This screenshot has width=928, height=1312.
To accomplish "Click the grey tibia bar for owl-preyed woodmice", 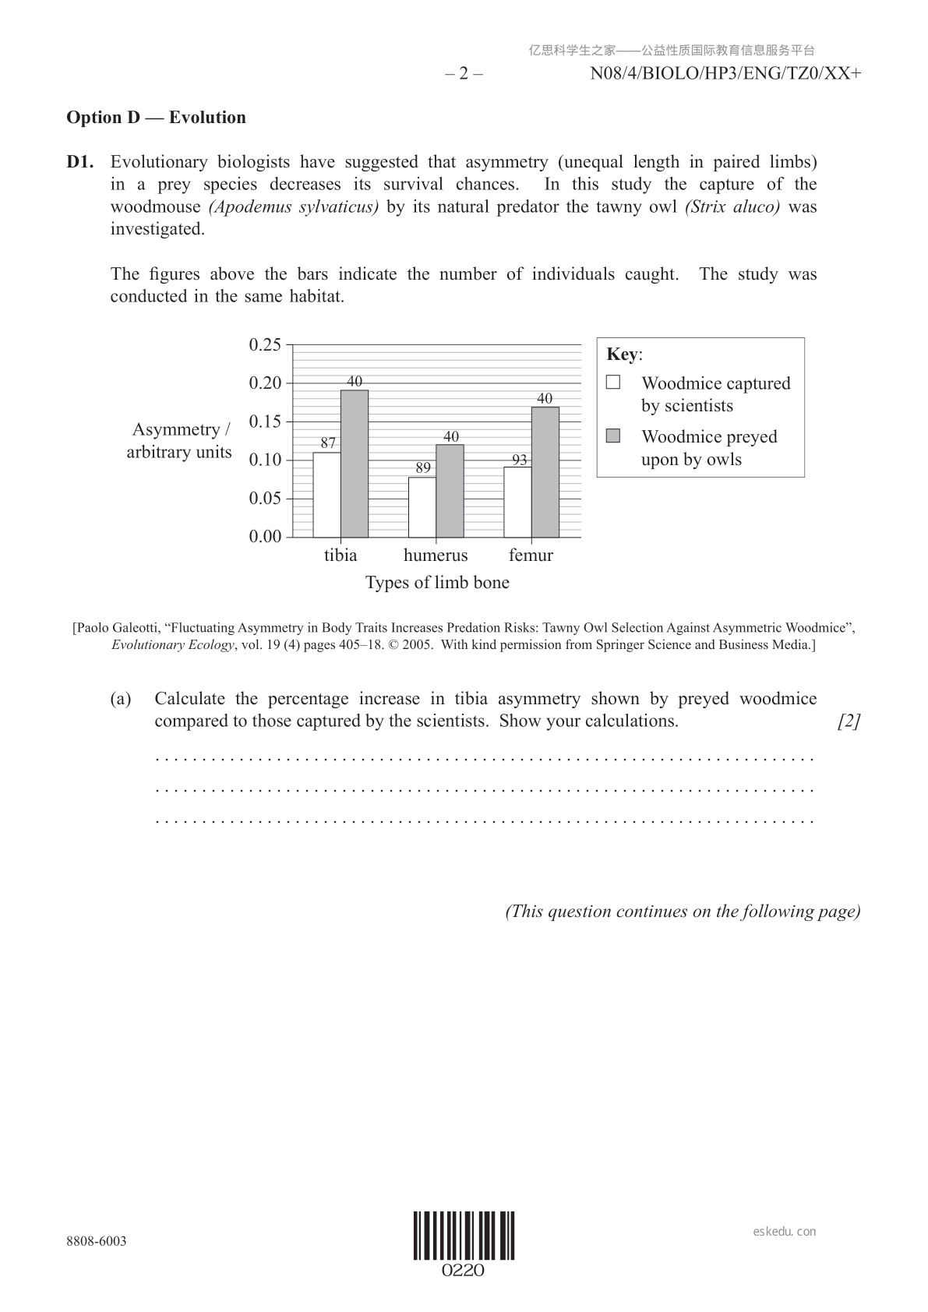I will pos(355,464).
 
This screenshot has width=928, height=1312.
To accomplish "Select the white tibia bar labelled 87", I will pos(326,495).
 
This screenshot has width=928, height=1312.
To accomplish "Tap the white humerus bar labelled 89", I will pos(422,507).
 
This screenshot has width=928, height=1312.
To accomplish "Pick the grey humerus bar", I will pos(450,491).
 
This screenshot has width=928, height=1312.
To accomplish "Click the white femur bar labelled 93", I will pos(517,503).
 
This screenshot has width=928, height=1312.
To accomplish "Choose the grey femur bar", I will pos(545,472).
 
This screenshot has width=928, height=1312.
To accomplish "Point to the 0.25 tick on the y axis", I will pos(265,344).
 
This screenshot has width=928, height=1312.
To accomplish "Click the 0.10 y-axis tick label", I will pos(265,460).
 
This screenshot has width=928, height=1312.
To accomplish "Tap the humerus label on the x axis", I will pos(436,555).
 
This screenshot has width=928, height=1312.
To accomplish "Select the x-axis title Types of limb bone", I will pos(437,583).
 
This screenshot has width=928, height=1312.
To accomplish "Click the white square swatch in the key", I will pos(613,382).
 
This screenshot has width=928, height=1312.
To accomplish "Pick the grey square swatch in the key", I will pos(613,436).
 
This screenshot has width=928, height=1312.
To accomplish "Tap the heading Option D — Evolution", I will pos(156,118).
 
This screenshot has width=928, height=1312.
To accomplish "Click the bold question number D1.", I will pos(80,162).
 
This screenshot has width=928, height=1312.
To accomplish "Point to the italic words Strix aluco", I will pos(732,207).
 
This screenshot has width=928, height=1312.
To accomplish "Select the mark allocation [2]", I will pos(849,721).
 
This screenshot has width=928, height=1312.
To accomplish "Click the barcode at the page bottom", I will pos(464,1236).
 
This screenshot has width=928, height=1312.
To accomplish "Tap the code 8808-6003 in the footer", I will pos(97,1241).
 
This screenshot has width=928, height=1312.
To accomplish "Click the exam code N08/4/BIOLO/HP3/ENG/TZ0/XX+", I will pos(725,74).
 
